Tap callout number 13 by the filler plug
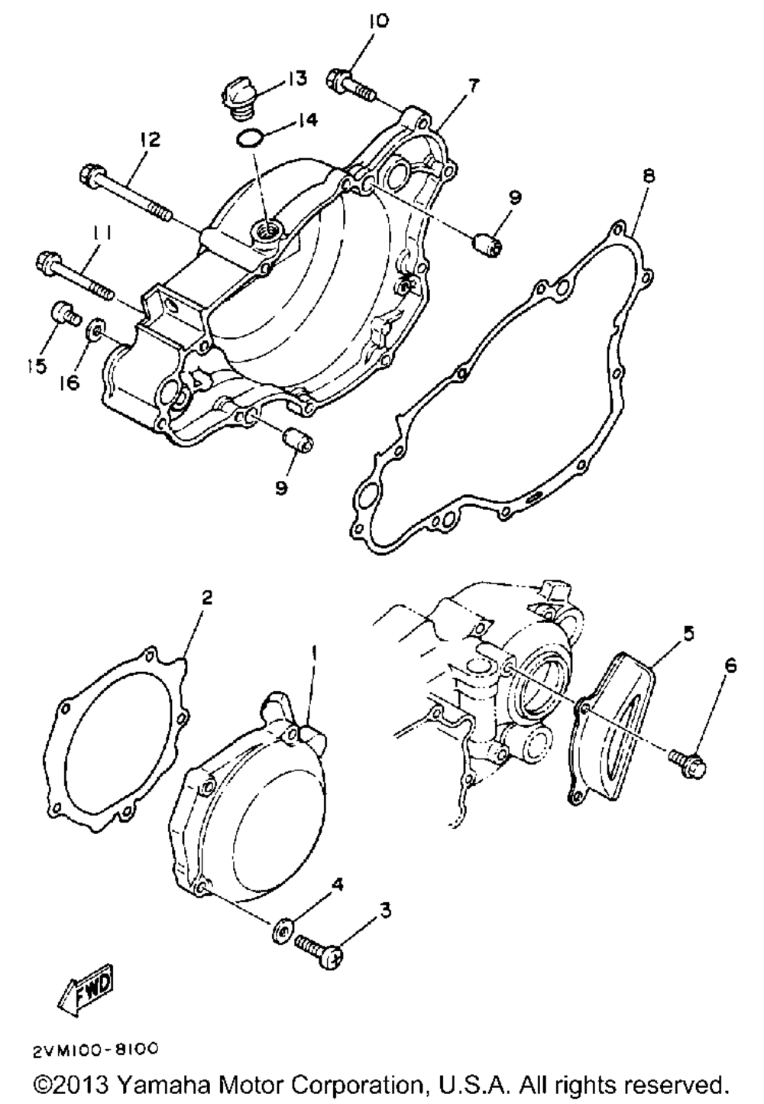pyautogui.click(x=296, y=78)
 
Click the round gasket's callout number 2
pyautogui.click(x=206, y=597)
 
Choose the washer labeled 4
pyautogui.click(x=281, y=932)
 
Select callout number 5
pyautogui.click(x=688, y=634)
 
